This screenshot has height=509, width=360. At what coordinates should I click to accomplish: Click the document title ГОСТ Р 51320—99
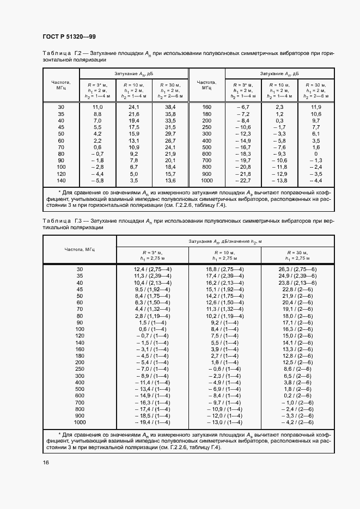pyautogui.click(x=69, y=36)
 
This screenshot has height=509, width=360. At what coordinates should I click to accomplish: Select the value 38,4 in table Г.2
pyautogui.click(x=170, y=107)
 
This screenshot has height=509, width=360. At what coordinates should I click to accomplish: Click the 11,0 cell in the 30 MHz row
pyautogui.click(x=98, y=107)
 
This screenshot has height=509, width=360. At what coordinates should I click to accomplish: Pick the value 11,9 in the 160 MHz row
pyautogui.click(x=315, y=107)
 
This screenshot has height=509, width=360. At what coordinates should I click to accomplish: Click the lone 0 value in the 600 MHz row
pyautogui.click(x=315, y=154)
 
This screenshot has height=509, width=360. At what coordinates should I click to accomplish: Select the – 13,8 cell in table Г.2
pyautogui.click(x=279, y=180)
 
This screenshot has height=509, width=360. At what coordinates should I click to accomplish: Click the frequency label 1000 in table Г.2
pyautogui.click(x=206, y=180)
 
